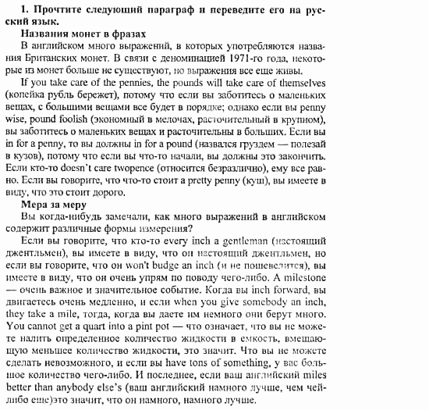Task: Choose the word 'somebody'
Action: click(x=275, y=302)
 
